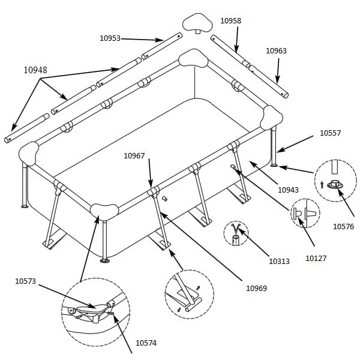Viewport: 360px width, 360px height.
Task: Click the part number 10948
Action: point(35,70)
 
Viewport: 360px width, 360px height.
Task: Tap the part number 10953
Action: point(110,38)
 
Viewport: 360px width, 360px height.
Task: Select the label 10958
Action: point(231,21)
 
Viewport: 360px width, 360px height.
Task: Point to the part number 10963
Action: point(277,51)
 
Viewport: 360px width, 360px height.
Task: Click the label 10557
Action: point(331,134)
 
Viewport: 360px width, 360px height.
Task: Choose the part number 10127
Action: point(316,258)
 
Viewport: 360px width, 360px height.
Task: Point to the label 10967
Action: point(134,156)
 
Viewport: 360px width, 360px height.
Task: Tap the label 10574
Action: point(146,343)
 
